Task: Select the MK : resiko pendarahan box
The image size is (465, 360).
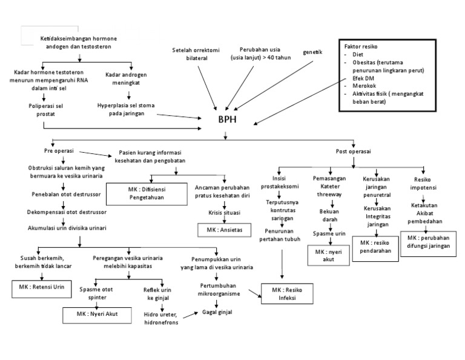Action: (x=377, y=247)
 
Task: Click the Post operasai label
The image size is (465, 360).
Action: (x=353, y=151)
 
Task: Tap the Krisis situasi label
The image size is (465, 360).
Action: (x=223, y=212)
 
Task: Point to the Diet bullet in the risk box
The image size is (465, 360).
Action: (x=358, y=55)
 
